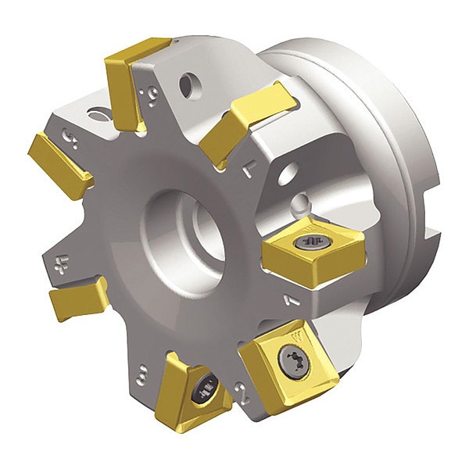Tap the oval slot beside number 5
click(x=99, y=116)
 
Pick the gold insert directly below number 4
click(x=78, y=297)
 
